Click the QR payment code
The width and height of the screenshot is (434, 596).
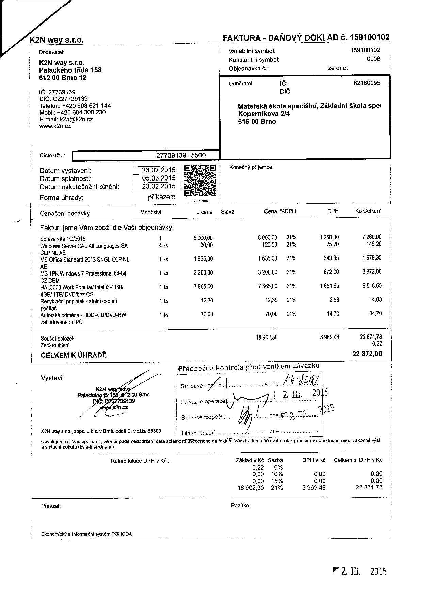pyautogui.click(x=200, y=181)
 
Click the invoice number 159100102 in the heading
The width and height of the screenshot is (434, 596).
pyautogui.click(x=370, y=37)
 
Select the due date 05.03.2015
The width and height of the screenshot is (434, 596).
pyautogui.click(x=159, y=178)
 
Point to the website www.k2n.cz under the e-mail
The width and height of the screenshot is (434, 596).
pyautogui.click(x=55, y=126)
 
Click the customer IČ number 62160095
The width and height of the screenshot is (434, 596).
pyautogui.click(x=367, y=83)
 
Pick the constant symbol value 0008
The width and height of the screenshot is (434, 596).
pyautogui.click(x=373, y=59)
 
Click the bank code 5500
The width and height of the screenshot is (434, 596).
pyautogui.click(x=198, y=155)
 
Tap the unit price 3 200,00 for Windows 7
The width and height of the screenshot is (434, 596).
pyautogui.click(x=203, y=272)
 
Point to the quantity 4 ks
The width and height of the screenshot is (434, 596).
pyautogui.click(x=163, y=245)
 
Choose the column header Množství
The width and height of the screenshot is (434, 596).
pyautogui.click(x=151, y=212)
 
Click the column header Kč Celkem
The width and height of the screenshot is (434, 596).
pyautogui.click(x=368, y=211)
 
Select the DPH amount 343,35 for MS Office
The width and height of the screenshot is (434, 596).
pyautogui.click(x=331, y=258)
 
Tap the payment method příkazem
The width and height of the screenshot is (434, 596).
pyautogui.click(x=162, y=197)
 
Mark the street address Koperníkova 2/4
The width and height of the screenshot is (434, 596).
pyautogui.click(x=264, y=114)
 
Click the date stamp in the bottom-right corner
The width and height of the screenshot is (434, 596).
pyautogui.click(x=360, y=571)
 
